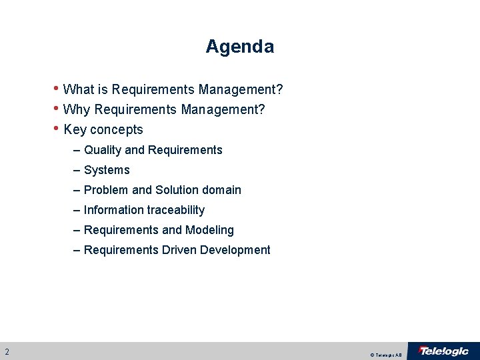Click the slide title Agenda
pos(239,47)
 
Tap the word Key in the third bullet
pos(75,129)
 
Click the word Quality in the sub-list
pos(103,150)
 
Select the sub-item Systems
pos(107,170)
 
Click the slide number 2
pos(7,351)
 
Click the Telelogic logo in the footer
pos(443,351)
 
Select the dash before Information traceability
pos(78,210)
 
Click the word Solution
pos(177,190)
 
